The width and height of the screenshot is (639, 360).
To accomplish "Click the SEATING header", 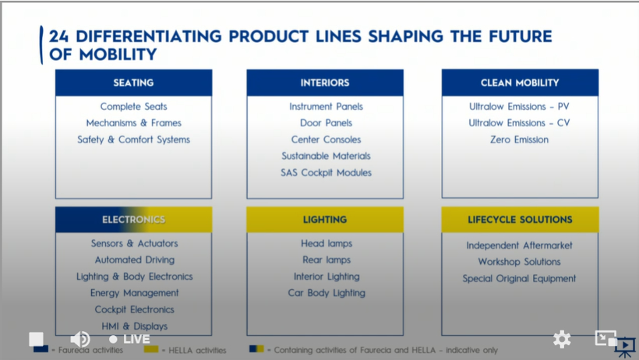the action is (134, 83).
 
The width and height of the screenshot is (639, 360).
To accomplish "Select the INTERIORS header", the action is (325, 83).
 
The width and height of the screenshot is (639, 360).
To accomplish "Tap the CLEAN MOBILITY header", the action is (520, 83).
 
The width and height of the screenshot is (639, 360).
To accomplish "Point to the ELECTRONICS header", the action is (134, 220).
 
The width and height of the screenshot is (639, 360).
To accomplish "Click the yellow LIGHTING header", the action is (325, 220).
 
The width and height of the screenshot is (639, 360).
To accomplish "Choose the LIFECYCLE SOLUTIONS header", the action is (520, 220).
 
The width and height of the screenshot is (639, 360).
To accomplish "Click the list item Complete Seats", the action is (134, 107).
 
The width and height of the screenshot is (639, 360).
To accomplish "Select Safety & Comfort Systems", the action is (134, 139).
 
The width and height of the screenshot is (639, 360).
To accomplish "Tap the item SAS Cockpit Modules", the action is (326, 173).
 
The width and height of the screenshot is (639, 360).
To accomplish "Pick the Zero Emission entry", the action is (519, 139).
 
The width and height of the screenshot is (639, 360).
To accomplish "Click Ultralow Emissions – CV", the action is (519, 123).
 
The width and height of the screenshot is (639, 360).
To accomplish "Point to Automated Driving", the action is (135, 260).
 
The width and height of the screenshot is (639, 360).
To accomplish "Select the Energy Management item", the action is (135, 293).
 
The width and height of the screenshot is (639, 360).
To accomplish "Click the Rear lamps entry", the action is (327, 260).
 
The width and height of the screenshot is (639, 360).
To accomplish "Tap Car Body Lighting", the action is (327, 293).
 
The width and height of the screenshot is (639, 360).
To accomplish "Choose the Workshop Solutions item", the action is (519, 262).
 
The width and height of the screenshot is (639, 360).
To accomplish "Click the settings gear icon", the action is (562, 339).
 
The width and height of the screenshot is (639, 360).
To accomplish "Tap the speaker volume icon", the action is (79, 339).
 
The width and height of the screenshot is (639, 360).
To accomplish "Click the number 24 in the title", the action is (58, 37).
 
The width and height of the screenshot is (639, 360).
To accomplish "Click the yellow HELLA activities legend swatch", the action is (150, 349).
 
